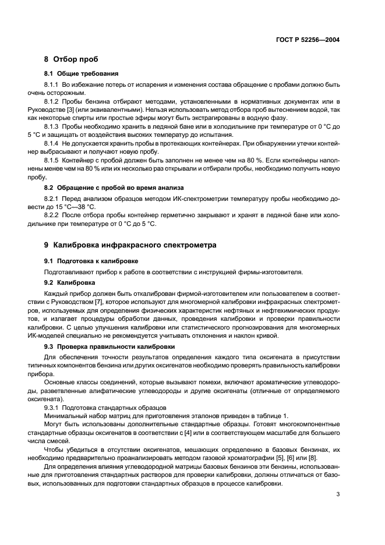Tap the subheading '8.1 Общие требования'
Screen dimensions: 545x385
click(x=82, y=74)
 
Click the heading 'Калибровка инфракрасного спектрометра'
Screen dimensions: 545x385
click(x=135, y=245)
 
